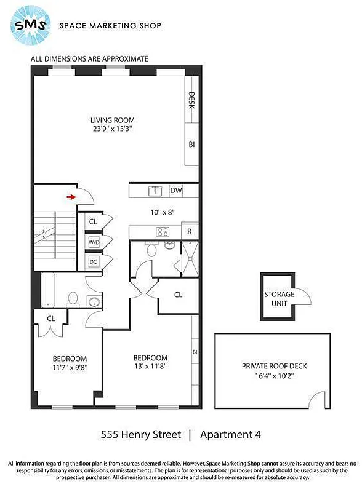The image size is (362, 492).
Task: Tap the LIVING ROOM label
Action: click(x=113, y=120)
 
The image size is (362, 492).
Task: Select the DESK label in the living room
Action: click(x=191, y=100)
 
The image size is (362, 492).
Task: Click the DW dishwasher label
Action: click(x=175, y=191)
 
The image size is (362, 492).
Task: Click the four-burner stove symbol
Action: click(x=163, y=232)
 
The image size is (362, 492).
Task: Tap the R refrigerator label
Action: click(x=190, y=232)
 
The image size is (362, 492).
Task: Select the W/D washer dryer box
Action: click(x=94, y=242)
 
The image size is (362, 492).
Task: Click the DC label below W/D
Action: click(x=94, y=261)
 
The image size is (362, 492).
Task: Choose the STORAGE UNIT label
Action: click(x=280, y=298)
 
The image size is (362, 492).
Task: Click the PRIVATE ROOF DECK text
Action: click(x=273, y=365)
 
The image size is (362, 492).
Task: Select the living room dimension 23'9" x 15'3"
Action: click(x=113, y=129)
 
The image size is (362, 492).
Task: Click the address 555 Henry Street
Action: click(x=141, y=434)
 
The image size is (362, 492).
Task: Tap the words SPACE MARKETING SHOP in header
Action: click(x=110, y=26)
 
